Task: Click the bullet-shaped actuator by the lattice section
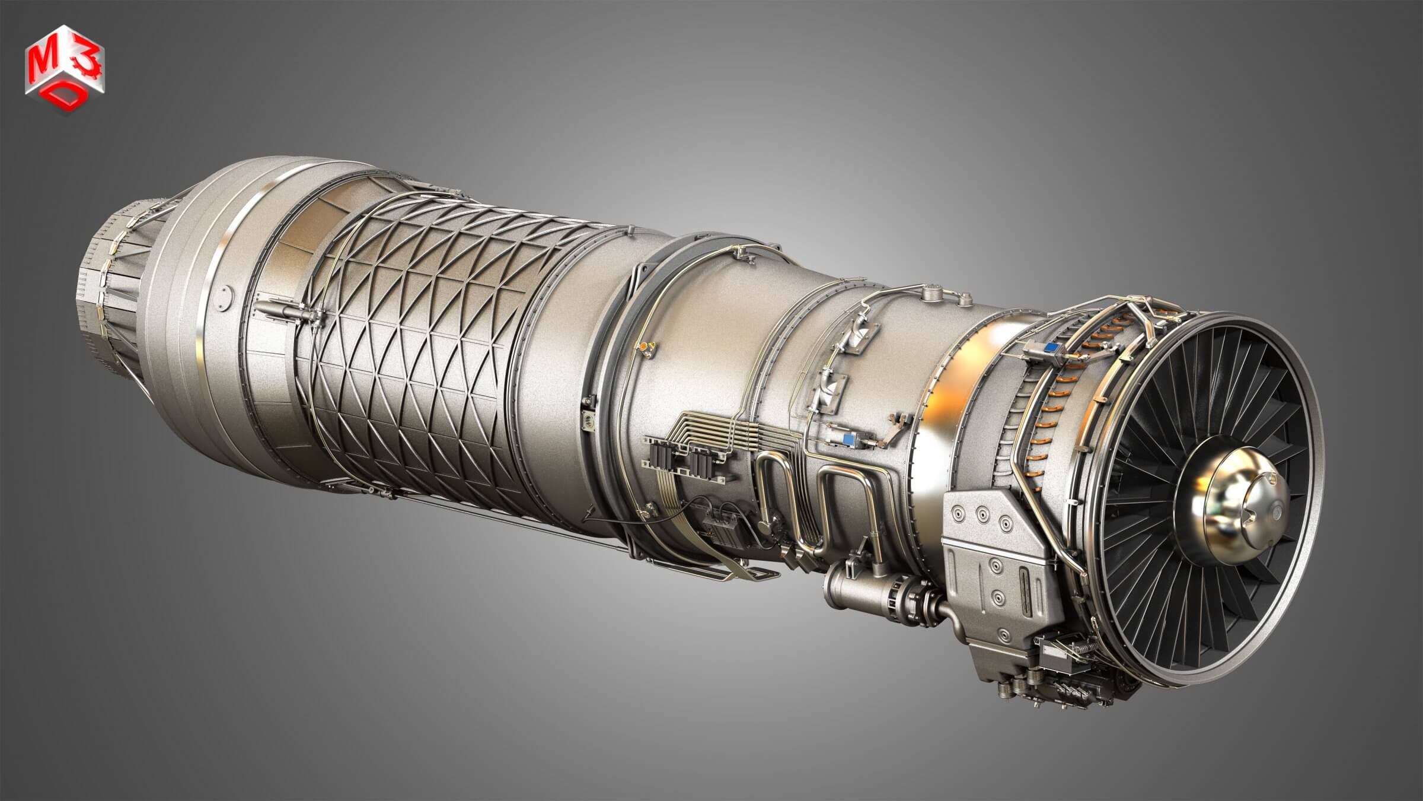(x=285, y=310)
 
